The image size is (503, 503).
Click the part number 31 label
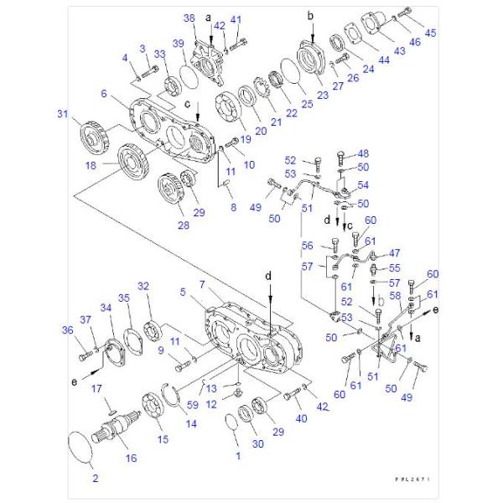coord(62,115)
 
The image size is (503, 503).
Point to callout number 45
coord(431,33)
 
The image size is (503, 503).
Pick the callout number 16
coord(131,458)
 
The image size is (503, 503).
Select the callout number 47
coord(395,253)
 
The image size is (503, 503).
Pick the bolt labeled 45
coord(407,14)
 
